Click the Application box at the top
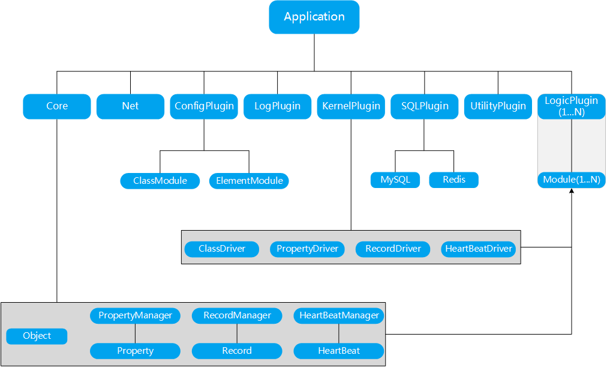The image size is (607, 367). click(x=314, y=17)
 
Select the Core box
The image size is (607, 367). click(x=57, y=106)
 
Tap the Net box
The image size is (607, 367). click(x=130, y=106)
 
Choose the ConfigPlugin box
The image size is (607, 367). click(x=204, y=106)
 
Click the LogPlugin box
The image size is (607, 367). click(x=277, y=106)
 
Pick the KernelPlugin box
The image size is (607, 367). click(x=351, y=106)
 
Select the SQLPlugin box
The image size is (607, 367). click(x=425, y=106)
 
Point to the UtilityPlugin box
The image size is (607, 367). click(x=498, y=106)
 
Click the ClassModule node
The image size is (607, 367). click(x=160, y=181)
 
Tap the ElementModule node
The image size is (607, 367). click(x=249, y=181)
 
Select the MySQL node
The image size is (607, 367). click(x=395, y=180)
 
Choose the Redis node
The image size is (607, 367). click(x=454, y=180)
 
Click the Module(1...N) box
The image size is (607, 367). click(x=571, y=180)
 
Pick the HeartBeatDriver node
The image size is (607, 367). click(x=478, y=249)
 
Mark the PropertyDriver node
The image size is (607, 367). click(x=307, y=249)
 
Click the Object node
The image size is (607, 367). click(x=37, y=336)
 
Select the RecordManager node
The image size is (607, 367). click(x=237, y=315)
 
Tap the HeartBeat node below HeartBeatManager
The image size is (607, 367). click(x=339, y=351)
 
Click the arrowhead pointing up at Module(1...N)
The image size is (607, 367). click(x=572, y=191)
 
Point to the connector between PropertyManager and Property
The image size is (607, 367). click(x=135, y=333)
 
